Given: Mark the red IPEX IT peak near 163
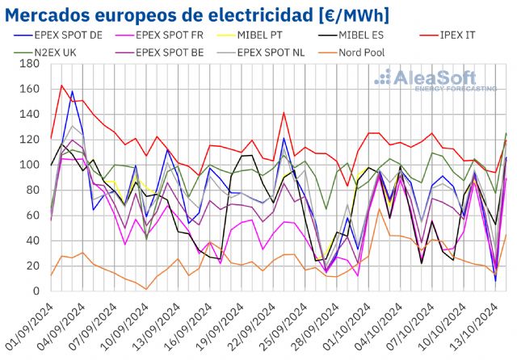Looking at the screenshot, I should coord(62,86).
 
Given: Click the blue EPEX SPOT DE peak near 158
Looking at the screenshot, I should coord(73,92).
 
